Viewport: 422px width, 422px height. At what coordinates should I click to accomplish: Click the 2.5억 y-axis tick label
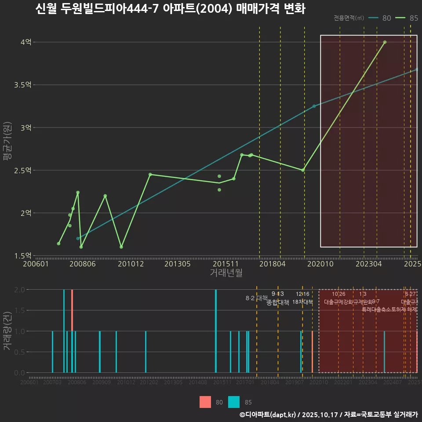coord(22,170)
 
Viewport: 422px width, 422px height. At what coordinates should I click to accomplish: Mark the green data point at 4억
coord(385,42)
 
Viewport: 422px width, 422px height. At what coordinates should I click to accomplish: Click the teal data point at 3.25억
coord(314,106)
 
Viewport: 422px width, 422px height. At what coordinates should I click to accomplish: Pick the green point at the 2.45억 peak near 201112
coord(150,175)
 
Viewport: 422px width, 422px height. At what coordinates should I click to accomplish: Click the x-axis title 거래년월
coord(226,273)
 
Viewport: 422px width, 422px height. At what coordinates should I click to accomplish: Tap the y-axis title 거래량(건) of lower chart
coord(7,331)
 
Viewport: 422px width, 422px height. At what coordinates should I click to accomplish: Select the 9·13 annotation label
coord(278,294)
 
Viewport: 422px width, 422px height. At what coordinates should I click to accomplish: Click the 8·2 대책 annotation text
coord(257,298)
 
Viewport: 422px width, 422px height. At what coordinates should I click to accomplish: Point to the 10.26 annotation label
coord(338,294)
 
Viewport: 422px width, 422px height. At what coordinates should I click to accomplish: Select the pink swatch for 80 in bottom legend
coord(205,402)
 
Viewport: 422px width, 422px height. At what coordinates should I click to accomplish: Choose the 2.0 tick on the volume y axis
coord(19,290)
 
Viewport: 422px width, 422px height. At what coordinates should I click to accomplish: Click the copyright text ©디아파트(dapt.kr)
coord(268,415)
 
